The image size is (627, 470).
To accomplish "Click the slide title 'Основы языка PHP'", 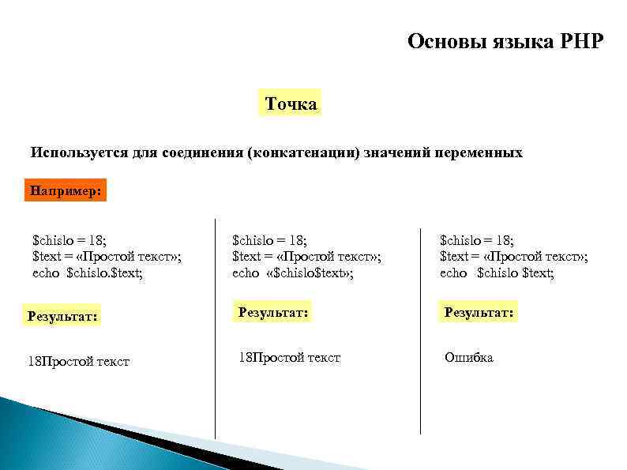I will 505,41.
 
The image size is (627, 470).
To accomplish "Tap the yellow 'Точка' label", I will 291,103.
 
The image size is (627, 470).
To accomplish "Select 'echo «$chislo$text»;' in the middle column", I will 293,273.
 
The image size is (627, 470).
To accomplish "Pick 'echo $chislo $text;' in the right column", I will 497,273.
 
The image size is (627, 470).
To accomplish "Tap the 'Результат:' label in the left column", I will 63,317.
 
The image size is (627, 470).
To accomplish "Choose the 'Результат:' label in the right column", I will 479,312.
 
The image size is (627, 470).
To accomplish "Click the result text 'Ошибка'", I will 469,358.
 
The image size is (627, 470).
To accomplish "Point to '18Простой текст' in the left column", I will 79,362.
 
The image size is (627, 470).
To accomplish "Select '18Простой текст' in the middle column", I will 289,358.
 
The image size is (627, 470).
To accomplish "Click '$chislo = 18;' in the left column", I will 69,239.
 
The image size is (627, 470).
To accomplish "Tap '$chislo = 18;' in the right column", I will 476,239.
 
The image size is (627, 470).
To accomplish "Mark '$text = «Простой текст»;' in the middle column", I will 306,255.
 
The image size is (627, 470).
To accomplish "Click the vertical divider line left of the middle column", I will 215,332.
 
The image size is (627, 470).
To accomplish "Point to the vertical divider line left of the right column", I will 420,332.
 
